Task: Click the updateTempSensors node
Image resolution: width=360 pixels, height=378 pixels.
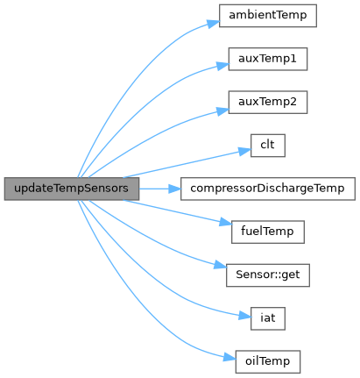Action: coord(72,189)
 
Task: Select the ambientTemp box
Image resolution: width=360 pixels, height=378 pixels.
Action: coord(268,16)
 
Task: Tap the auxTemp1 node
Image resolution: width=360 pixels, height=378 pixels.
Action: coord(268,59)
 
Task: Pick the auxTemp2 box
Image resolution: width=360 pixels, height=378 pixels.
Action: coord(268,103)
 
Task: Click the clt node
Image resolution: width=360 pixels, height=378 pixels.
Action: coord(268,146)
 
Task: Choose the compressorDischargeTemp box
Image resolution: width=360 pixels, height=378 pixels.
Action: coord(268,189)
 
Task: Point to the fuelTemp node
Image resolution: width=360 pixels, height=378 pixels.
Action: coord(268,232)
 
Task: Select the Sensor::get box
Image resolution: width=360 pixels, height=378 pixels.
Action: coord(268,275)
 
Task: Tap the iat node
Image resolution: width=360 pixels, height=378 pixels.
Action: coord(268,318)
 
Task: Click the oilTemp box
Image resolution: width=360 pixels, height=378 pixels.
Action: coord(268,362)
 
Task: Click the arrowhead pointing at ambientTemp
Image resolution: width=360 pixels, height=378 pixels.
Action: coord(214,24)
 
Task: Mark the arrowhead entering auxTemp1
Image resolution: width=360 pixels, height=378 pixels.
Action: coord(222,66)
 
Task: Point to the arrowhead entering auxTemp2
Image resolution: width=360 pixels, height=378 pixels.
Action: coord(222,111)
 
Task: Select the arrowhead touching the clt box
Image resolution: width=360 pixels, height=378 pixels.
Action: coord(244,151)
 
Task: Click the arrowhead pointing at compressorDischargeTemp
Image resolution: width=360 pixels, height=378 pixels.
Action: coord(175,189)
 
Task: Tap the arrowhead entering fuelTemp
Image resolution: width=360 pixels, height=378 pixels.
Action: coord(226,223)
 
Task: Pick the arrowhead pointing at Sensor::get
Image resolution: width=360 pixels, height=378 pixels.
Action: coord(221,265)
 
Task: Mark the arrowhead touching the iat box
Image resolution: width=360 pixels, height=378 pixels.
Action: coord(244,316)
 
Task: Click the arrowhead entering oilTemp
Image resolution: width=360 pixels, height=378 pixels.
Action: coord(229,358)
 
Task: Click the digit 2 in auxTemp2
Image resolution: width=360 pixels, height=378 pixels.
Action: coord(293,102)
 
